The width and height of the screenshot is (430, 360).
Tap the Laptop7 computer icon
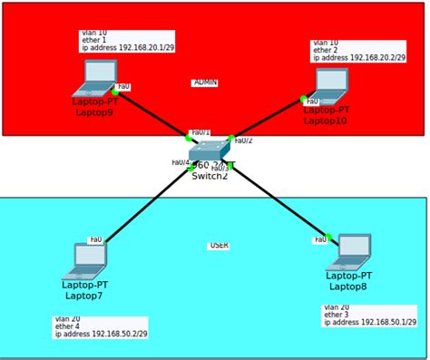[86, 260]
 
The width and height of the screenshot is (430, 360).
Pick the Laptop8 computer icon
[350, 251]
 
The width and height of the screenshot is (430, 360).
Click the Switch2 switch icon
[210, 151]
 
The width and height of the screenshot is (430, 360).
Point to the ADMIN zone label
[205, 83]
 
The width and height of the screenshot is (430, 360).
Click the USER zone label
[219, 246]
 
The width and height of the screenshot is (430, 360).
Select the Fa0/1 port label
[199, 132]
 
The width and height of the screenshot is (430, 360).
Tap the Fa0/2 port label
[243, 141]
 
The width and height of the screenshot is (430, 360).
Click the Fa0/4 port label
[181, 162]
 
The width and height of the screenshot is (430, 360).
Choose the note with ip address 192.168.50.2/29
[100, 326]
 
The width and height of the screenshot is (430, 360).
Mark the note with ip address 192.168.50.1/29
[369, 315]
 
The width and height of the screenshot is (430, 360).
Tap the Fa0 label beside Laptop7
[95, 240]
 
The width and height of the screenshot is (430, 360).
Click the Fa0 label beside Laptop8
[319, 240]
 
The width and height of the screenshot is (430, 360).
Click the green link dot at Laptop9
[115, 92]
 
